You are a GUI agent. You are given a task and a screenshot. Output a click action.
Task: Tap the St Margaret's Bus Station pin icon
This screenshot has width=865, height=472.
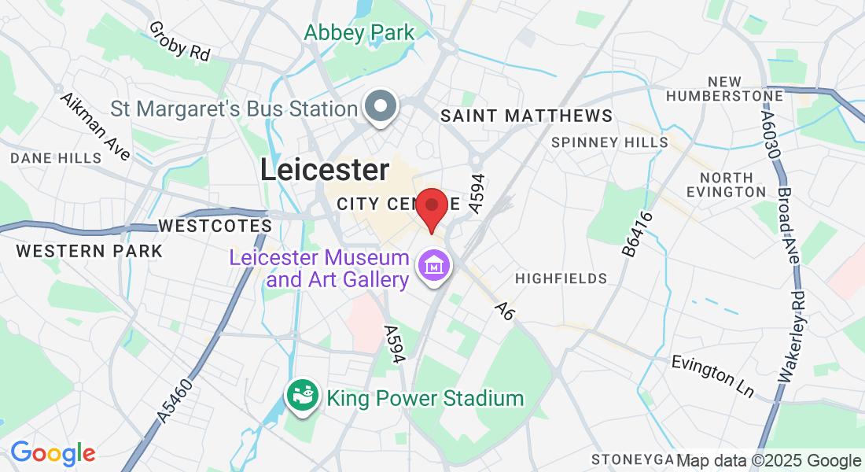tap(381, 105)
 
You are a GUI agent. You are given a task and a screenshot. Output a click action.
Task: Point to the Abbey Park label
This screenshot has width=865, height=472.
tap(359, 33)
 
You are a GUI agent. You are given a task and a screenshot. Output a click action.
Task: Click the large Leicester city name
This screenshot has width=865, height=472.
tap(325, 170)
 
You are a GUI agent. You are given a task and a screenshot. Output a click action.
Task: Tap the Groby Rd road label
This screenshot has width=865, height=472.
tap(179, 41)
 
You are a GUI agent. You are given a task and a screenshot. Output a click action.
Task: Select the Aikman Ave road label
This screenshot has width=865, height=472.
tap(95, 127)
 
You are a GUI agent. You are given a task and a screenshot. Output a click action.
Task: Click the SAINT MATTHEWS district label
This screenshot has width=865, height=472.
tap(526, 116)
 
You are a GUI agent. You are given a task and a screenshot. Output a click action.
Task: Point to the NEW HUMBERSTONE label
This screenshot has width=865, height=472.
tap(724, 89)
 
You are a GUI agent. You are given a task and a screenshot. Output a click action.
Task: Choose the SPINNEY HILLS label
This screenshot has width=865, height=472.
tap(609, 142)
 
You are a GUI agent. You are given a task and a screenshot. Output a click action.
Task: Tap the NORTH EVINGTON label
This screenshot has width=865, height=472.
tap(725, 185)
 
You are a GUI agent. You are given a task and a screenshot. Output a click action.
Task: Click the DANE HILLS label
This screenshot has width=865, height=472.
tap(56, 158)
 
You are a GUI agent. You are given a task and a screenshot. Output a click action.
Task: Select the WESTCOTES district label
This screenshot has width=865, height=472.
tap(215, 226)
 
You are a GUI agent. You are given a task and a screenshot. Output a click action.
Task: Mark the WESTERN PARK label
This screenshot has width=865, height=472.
tap(90, 251)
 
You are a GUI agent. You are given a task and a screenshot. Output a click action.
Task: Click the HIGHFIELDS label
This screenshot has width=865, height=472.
tap(561, 278)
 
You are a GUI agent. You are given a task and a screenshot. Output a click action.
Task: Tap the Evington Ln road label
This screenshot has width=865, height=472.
tap(712, 376)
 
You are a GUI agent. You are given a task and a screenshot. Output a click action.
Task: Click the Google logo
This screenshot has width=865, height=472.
tap(53, 453)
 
